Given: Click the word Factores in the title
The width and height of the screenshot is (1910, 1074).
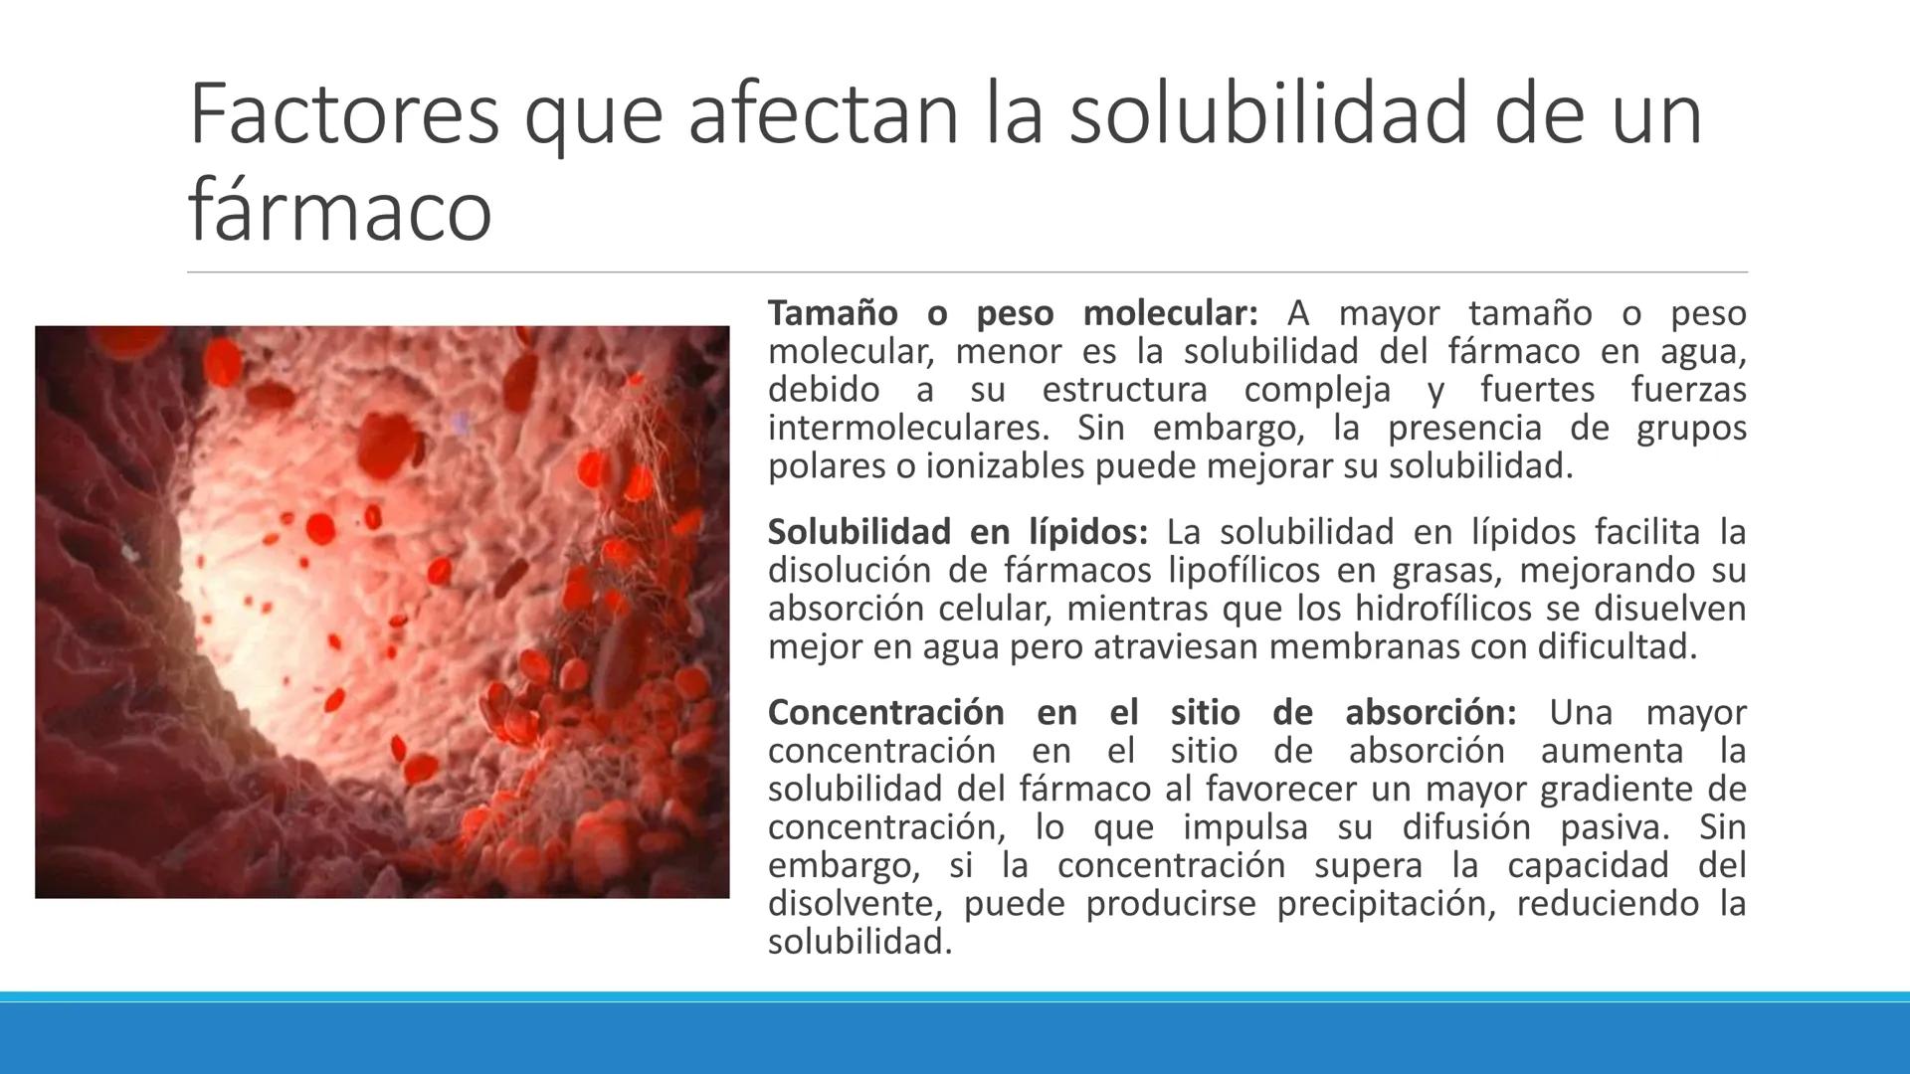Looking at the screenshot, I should click(343, 114).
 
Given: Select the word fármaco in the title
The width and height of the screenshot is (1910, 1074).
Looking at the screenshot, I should click(339, 210).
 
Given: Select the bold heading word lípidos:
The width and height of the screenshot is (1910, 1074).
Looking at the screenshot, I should click(1088, 532).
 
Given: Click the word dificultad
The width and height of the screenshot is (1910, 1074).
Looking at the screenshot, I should click(1617, 647).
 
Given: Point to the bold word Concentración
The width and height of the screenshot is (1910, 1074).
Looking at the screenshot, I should click(885, 712).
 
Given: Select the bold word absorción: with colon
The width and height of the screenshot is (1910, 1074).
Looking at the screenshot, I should click(1431, 712).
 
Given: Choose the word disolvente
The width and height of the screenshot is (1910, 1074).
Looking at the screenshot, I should click(855, 904).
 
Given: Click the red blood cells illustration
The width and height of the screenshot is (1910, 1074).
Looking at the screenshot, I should click(382, 612).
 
